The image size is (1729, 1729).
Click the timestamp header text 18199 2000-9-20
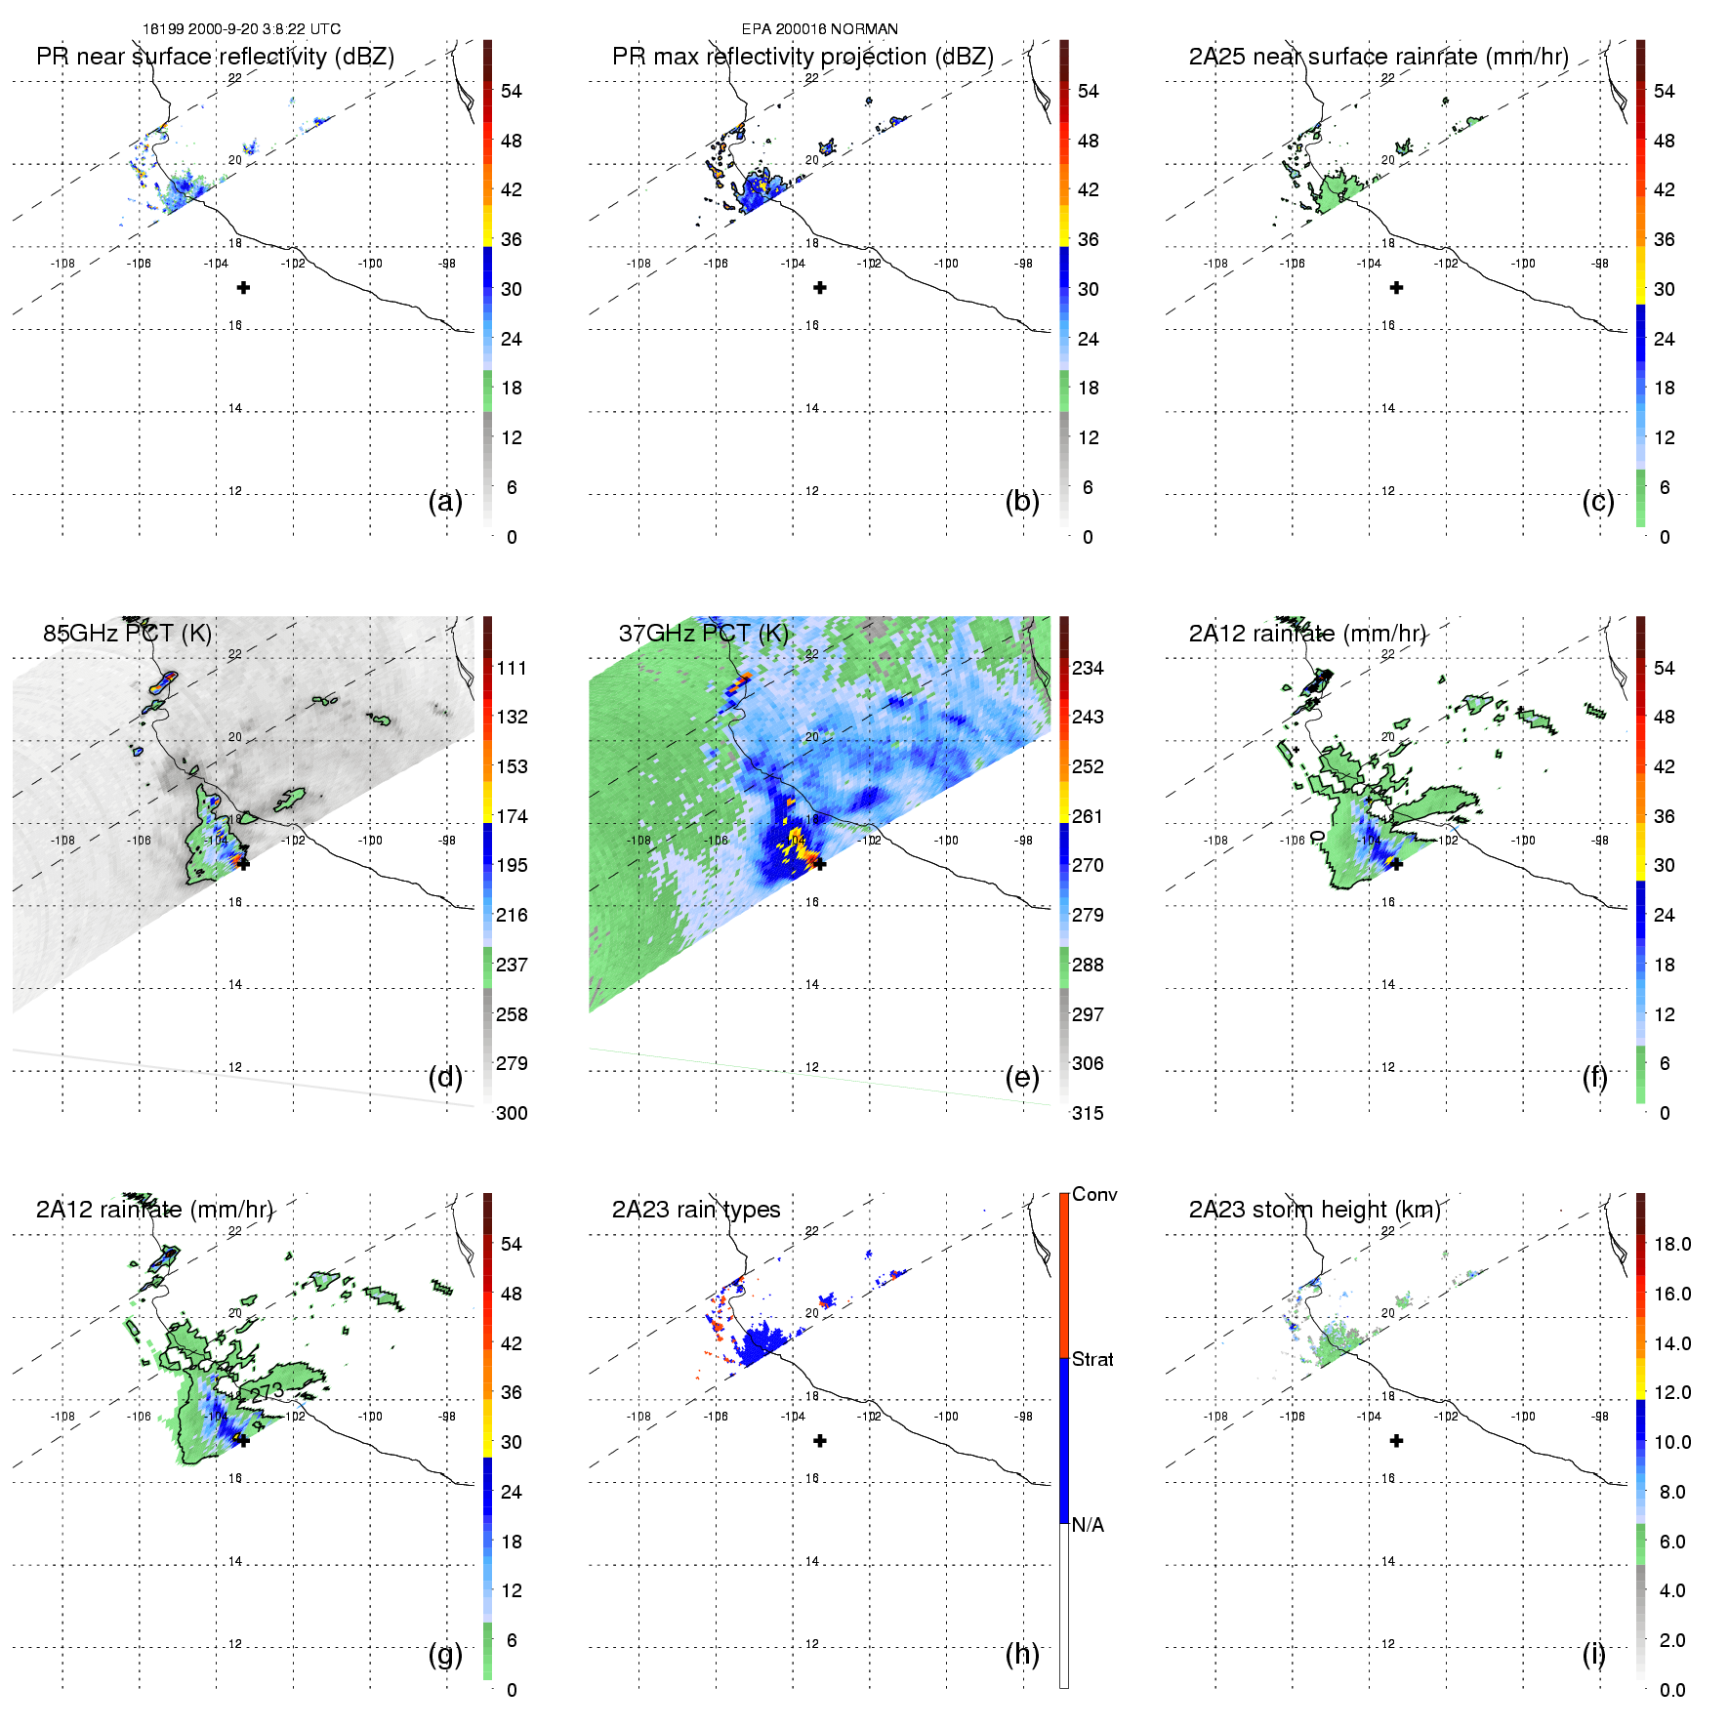(242, 29)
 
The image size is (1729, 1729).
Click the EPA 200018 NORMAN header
(819, 29)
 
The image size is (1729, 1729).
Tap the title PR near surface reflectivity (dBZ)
(215, 57)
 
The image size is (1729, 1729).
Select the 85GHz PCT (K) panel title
(127, 633)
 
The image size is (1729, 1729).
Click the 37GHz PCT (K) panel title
(703, 633)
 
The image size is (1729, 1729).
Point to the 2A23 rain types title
(696, 1210)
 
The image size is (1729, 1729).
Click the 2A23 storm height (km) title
(1314, 1210)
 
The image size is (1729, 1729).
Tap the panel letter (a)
(445, 501)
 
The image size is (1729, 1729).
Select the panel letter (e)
(1022, 1077)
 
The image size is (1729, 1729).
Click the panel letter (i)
(1593, 1654)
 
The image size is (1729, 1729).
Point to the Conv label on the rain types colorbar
(1094, 1194)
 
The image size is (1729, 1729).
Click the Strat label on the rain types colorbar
(1092, 1359)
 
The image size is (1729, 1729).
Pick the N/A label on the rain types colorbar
(1088, 1525)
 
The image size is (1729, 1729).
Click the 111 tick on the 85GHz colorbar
(512, 668)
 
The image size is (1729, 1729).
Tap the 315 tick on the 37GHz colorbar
(1088, 1113)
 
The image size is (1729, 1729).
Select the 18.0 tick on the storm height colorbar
(1672, 1244)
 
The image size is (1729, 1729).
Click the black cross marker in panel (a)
(243, 287)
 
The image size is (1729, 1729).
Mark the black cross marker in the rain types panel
(820, 1440)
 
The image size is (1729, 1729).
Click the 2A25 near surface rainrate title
(1379, 57)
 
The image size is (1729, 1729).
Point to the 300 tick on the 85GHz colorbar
(512, 1113)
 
